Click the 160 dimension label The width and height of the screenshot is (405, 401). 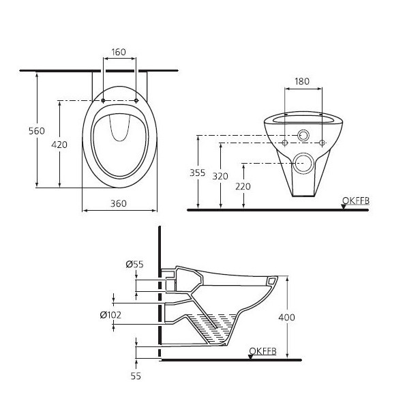119,51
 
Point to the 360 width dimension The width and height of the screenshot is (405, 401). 119,203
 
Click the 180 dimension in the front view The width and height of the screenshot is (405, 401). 301,81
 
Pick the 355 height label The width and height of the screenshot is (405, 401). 197,173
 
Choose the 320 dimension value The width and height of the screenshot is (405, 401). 220,176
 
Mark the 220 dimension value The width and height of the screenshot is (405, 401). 243,186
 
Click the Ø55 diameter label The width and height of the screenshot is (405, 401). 134,264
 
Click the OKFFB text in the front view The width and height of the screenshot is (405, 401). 355,200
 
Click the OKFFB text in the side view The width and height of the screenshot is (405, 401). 262,351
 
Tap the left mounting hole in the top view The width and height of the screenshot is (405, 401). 103,101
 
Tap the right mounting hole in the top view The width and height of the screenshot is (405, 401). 136,101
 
